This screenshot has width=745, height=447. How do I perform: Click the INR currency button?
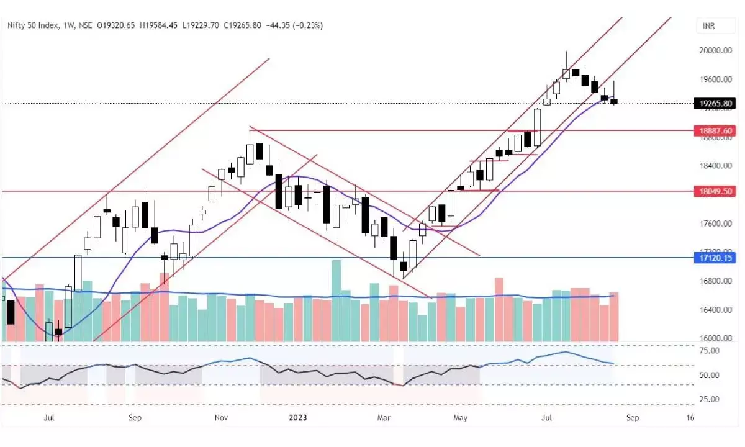[707, 25]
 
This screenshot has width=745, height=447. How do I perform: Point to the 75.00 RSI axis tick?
[708, 351]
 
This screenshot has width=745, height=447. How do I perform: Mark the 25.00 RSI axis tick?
[708, 399]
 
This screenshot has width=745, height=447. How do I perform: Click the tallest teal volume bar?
[336, 300]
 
